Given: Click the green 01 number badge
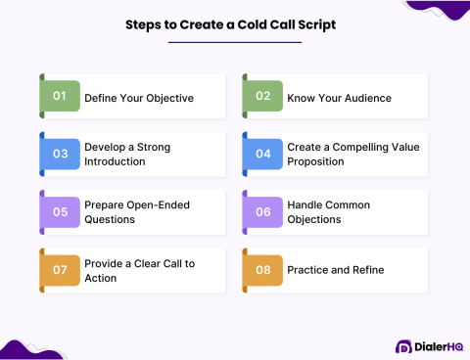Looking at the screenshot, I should [x=60, y=96].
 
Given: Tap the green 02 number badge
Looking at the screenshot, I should [x=261, y=96].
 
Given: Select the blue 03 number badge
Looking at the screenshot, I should [x=60, y=154].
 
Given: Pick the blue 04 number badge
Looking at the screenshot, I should [x=261, y=154].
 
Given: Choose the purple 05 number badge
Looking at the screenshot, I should [x=60, y=211].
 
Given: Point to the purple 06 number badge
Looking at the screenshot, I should [x=261, y=211].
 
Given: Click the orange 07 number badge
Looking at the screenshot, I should [x=60, y=270].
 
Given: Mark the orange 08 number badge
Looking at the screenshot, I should [x=261, y=270].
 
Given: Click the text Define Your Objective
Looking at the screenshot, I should [x=139, y=97].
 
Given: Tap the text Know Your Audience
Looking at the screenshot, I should [x=338, y=97].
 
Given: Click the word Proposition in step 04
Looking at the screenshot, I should [x=315, y=161].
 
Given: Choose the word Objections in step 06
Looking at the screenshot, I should [x=314, y=219].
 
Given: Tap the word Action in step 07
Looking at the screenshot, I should [x=101, y=278].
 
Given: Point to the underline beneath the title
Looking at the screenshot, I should [x=234, y=42].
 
